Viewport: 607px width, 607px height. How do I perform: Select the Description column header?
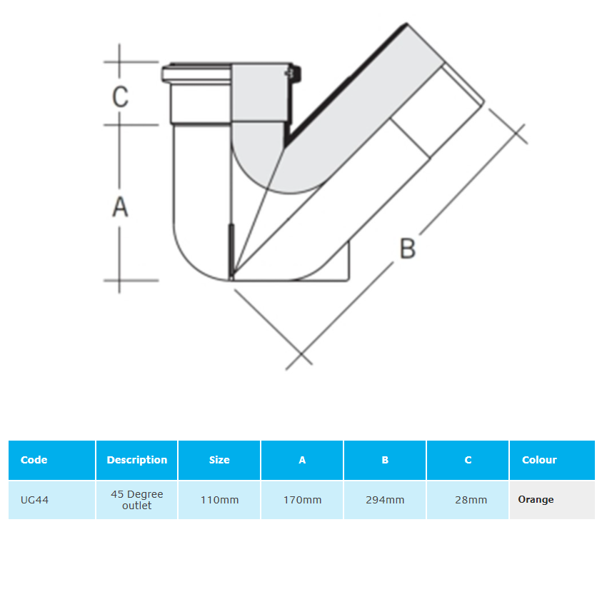coord(137,460)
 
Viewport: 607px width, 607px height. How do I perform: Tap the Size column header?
coord(219,460)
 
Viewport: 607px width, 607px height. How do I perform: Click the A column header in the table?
coord(302,460)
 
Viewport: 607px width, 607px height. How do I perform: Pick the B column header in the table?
coord(385,460)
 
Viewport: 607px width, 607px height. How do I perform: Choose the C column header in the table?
coord(468,460)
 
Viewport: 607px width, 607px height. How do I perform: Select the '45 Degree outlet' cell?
coord(137,500)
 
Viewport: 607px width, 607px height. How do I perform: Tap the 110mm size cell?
coord(219,500)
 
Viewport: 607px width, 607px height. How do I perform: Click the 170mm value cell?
coord(302,500)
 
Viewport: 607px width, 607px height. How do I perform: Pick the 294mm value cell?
coord(385,500)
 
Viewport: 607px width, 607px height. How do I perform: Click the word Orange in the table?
coord(536,500)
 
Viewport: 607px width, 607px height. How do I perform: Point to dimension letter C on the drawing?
coord(121,96)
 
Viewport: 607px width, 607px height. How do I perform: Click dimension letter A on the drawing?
coord(120,206)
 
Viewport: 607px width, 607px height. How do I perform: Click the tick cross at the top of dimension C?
coord(119,61)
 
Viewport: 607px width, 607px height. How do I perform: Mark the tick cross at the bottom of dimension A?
coord(119,280)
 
